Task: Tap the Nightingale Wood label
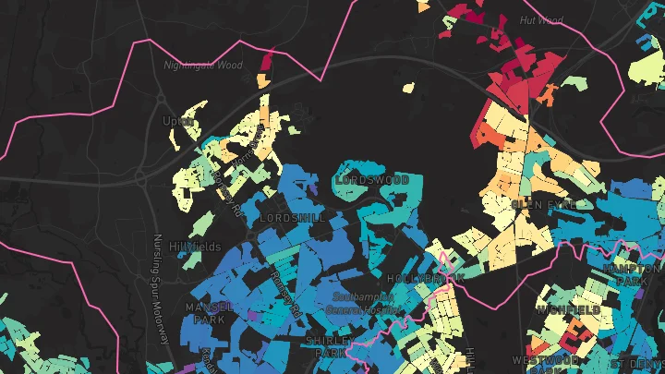coord(202,66)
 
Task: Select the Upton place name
coord(177,121)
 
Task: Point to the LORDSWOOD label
coord(371,179)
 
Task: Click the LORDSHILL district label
coord(293,218)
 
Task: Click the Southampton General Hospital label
coord(364,303)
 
